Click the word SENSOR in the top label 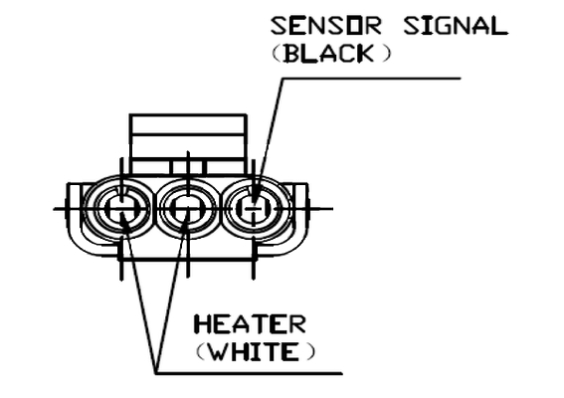pos(325,26)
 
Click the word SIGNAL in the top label pos(456,26)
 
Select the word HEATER pos(250,324)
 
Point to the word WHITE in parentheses pos(254,351)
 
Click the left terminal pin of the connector pos(121,208)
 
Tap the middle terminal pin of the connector pos(187,208)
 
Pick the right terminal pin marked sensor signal pos(254,208)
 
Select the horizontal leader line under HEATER pos(249,373)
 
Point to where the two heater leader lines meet pos(156,372)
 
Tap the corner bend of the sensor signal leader pos(283,79)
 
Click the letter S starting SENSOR pos(279,26)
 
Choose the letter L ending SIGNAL pos(500,26)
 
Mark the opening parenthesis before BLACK pos(277,54)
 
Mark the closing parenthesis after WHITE pos(310,352)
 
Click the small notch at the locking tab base pos(188,167)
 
